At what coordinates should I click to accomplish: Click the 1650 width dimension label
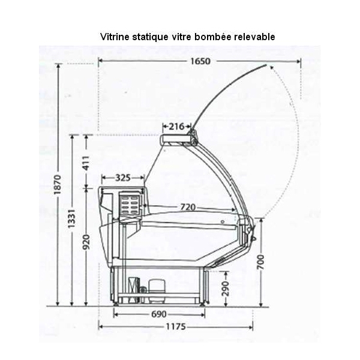[200, 61]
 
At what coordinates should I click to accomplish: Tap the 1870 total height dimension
[58, 185]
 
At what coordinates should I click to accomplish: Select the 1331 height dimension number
[71, 218]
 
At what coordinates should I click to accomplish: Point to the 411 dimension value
[86, 163]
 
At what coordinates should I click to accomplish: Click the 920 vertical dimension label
[86, 242]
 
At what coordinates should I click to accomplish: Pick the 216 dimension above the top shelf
[176, 126]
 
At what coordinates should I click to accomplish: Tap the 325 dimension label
[123, 178]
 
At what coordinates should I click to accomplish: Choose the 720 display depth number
[188, 208]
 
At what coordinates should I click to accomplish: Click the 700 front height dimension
[261, 262]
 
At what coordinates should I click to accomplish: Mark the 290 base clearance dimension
[226, 289]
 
